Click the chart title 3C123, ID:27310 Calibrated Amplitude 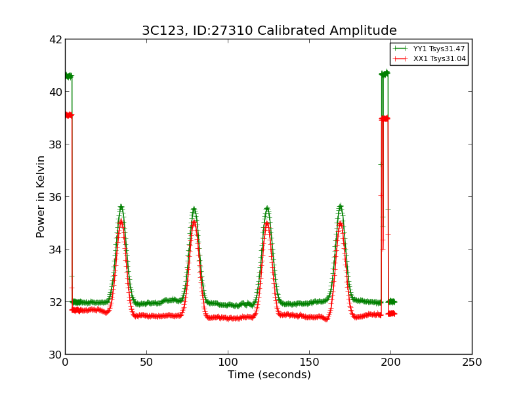click(x=269, y=31)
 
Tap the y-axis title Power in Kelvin click(x=41, y=196)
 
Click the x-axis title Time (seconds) click(x=269, y=375)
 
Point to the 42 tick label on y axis click(x=55, y=39)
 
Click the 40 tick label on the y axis click(x=55, y=92)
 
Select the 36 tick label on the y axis click(x=55, y=197)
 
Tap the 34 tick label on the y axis click(x=55, y=250)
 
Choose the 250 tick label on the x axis click(x=472, y=362)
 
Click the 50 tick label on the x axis click(x=146, y=362)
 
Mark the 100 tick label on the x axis click(x=228, y=362)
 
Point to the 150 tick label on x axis click(x=309, y=362)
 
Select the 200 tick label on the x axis click(x=390, y=362)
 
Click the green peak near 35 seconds click(x=121, y=208)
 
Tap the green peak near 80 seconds click(x=194, y=209)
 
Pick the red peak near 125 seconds click(x=267, y=223)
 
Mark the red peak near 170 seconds click(x=340, y=223)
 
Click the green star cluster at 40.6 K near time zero click(x=68, y=76)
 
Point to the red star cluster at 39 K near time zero click(x=68, y=115)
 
